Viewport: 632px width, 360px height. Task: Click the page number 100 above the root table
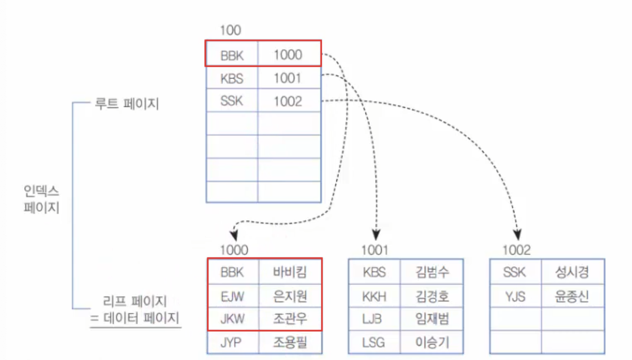230,31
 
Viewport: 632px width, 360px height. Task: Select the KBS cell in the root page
232,78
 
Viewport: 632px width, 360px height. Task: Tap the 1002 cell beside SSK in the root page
288,101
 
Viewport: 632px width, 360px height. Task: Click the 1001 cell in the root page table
288,78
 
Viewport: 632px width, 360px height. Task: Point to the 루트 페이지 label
127,104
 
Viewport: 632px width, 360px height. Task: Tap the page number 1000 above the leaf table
234,250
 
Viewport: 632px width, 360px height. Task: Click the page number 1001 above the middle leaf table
375,250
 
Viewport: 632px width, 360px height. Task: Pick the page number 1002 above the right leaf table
516,250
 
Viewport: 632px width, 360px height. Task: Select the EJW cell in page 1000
232,295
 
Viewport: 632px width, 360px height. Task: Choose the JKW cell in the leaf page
232,319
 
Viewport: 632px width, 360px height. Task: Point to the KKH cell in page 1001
374,296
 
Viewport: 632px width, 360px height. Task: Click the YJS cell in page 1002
514,296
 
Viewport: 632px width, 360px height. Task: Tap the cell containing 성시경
572,272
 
